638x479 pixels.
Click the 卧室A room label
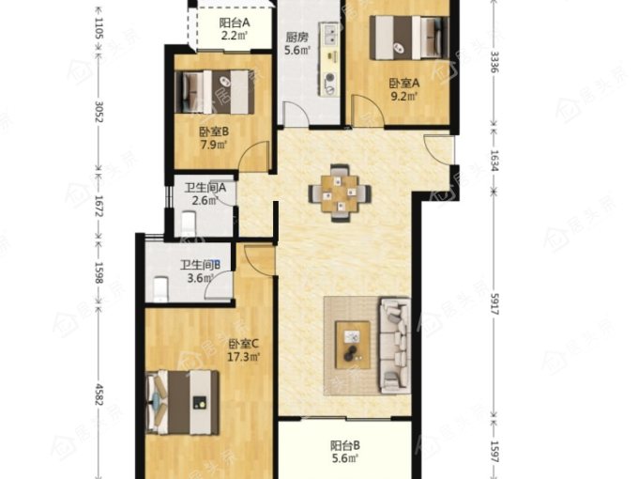click(x=403, y=84)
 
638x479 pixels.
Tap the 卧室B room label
click(x=214, y=132)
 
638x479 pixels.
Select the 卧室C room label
click(x=243, y=344)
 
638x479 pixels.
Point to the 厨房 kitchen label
click(x=297, y=38)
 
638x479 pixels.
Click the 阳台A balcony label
click(x=235, y=23)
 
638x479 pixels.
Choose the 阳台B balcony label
click(x=345, y=445)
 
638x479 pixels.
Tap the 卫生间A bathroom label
click(x=205, y=188)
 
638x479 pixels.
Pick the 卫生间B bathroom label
click(x=201, y=265)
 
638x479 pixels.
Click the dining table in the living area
click(x=340, y=193)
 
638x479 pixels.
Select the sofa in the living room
click(x=395, y=345)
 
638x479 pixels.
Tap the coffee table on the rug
click(x=353, y=345)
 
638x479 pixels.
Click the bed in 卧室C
click(x=182, y=402)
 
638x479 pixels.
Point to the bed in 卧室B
click(x=215, y=92)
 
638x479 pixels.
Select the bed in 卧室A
click(x=409, y=38)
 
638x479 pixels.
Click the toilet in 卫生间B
click(x=161, y=288)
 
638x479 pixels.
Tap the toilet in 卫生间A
click(x=189, y=223)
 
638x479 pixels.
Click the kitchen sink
click(x=329, y=34)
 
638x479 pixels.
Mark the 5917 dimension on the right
click(x=494, y=303)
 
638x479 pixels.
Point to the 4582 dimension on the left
click(x=99, y=394)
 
